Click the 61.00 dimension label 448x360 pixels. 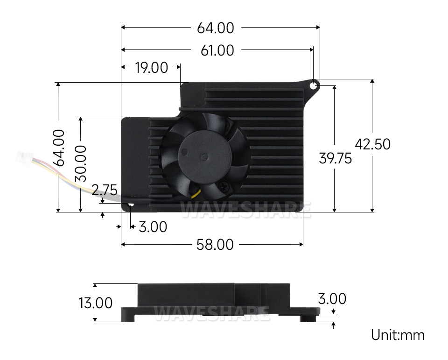tap(217, 50)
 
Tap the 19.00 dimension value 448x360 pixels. tap(151, 68)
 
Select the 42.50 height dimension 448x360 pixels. tap(372, 144)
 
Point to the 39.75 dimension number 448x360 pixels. tap(335, 158)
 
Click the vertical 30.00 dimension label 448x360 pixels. tap(81, 163)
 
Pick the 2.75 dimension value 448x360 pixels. tap(104, 190)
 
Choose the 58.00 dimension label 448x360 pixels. tap(215, 245)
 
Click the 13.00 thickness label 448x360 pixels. tap(95, 303)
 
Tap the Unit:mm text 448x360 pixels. tap(398, 335)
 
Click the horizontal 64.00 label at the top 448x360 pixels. tap(216, 28)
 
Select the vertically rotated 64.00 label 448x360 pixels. tap(59, 148)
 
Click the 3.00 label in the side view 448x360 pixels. tap(332, 299)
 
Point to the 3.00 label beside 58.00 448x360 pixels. tap(153, 227)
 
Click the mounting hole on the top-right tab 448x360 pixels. tap(314, 85)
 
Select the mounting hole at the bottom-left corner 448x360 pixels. tap(131, 205)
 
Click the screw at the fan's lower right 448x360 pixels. tap(224, 187)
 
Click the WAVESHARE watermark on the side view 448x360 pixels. tap(212, 313)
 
